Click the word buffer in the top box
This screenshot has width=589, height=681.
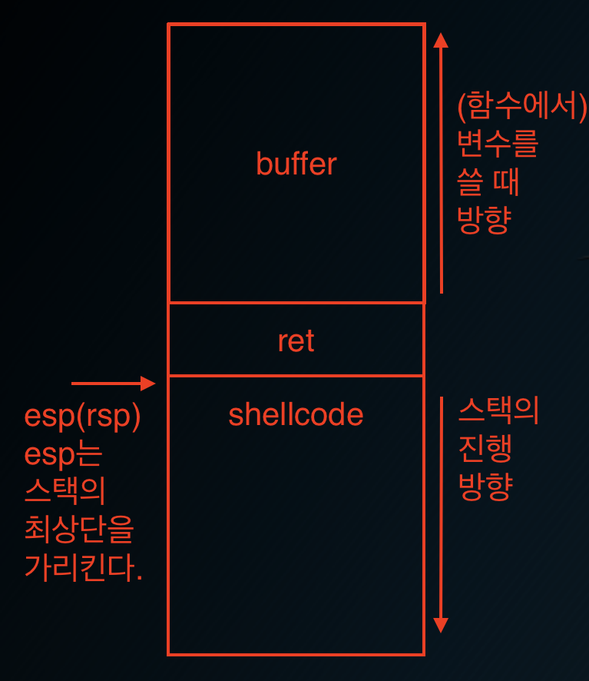point(296,164)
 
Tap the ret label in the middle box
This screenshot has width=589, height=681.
point(296,341)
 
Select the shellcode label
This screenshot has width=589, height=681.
point(296,415)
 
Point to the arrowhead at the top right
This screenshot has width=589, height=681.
point(441,39)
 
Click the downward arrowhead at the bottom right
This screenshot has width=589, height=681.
point(441,623)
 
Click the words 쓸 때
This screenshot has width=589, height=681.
point(488,182)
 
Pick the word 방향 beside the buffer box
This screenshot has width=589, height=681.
point(485,221)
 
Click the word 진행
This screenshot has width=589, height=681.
point(485,450)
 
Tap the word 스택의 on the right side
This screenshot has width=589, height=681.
point(498,412)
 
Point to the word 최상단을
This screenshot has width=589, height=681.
point(79,530)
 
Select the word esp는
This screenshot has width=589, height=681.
point(63,454)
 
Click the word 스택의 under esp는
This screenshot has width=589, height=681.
point(65,492)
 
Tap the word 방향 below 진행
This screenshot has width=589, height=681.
point(485,487)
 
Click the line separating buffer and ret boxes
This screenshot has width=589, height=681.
point(296,303)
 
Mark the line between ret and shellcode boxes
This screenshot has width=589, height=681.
point(296,376)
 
